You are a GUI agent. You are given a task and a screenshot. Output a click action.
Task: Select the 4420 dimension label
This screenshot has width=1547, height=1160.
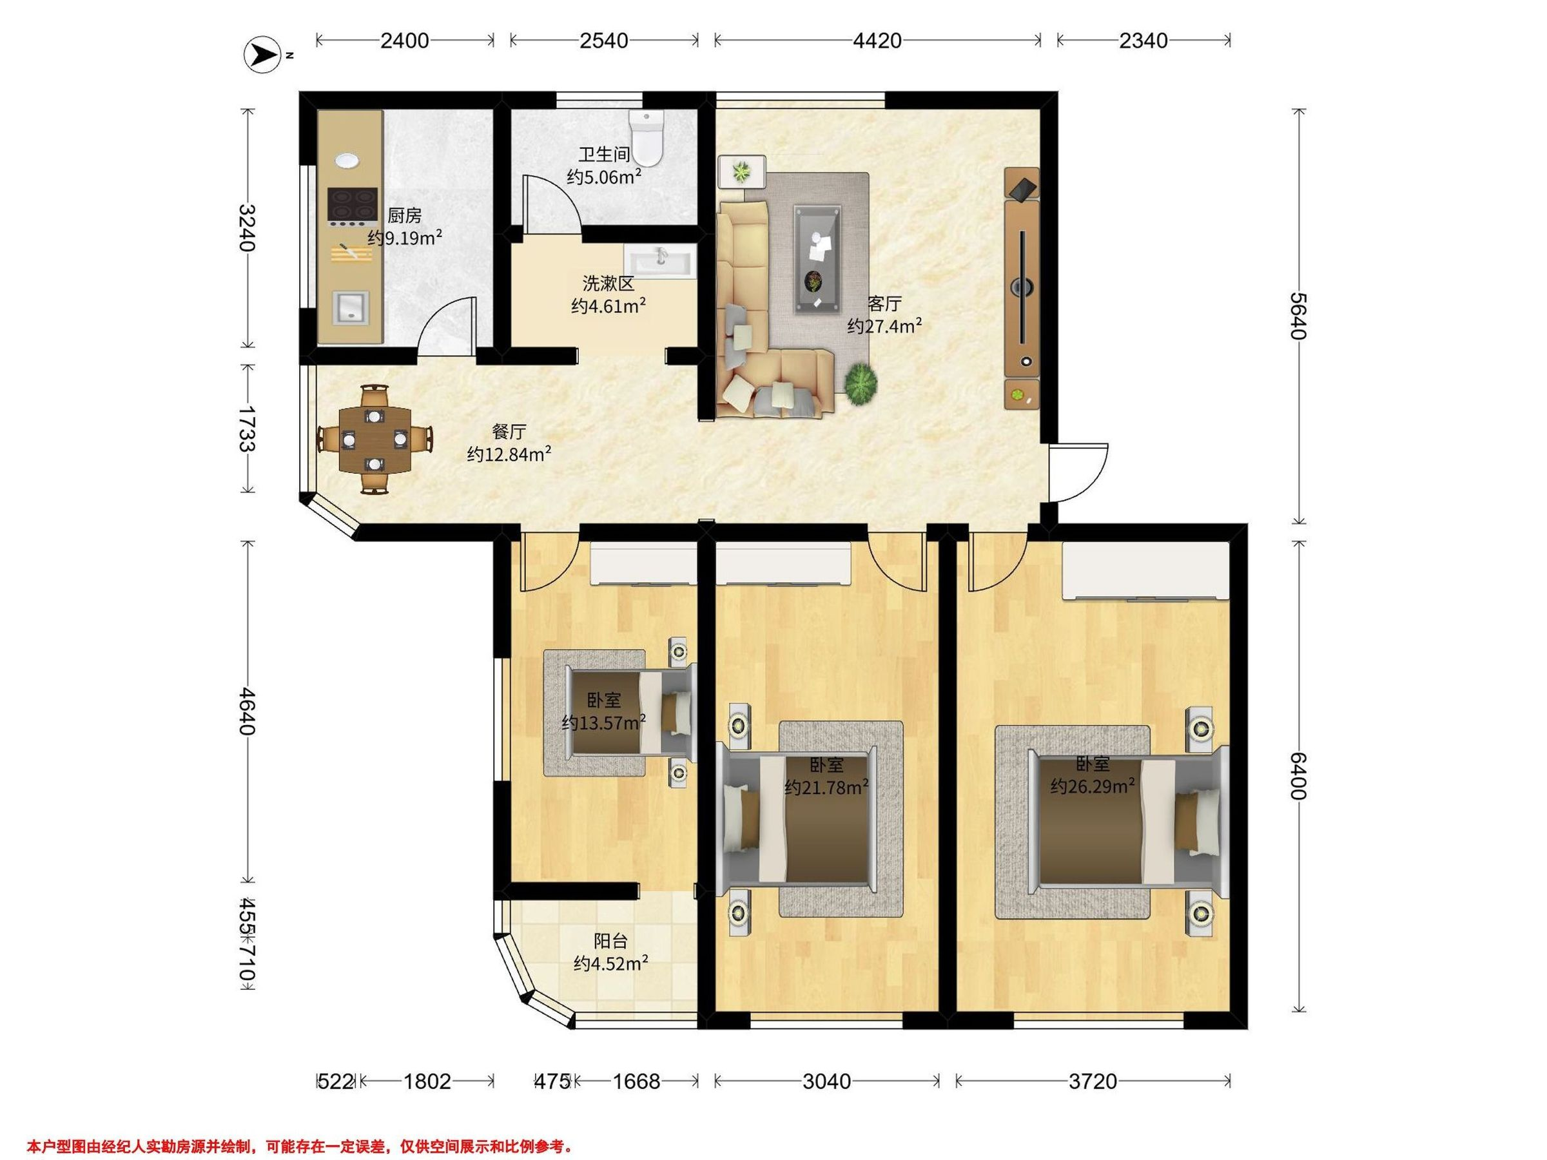click(x=877, y=41)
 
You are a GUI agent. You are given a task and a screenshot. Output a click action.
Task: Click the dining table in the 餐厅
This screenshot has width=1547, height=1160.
click(x=376, y=439)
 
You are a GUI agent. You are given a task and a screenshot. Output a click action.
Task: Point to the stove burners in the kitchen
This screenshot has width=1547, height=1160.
click(x=353, y=204)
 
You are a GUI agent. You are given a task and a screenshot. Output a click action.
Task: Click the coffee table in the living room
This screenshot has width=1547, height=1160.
click(x=817, y=258)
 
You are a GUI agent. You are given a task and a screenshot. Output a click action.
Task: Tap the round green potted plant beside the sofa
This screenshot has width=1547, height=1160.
click(x=861, y=384)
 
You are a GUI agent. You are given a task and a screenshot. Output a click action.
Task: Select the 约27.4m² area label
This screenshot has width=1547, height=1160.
click(x=885, y=326)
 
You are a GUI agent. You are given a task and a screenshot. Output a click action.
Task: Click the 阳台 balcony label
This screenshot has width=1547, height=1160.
click(x=610, y=940)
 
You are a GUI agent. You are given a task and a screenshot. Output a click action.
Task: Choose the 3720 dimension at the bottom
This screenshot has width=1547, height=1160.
click(x=1093, y=1081)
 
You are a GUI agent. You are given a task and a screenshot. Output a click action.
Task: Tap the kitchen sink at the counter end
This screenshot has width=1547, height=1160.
click(x=349, y=307)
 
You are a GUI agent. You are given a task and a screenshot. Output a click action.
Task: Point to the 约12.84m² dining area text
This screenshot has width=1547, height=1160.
click(x=509, y=455)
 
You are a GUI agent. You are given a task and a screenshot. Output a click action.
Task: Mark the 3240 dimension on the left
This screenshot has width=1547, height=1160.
click(x=247, y=228)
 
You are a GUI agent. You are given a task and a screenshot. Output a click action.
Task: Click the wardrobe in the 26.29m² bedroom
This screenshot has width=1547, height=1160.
click(x=1145, y=570)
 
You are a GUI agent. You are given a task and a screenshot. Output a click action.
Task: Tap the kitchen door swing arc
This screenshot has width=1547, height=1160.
click(x=447, y=324)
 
